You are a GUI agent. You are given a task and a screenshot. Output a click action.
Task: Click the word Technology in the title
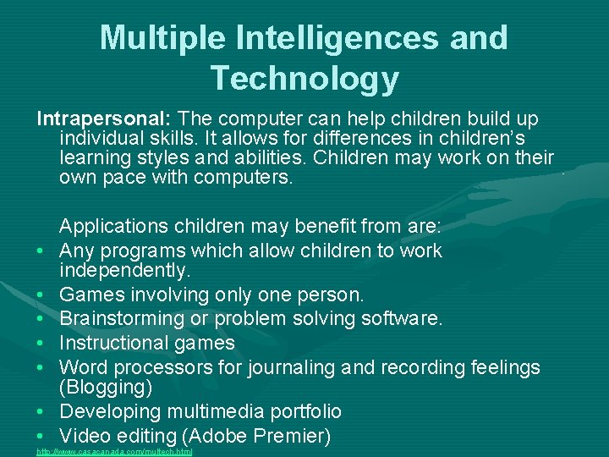[x=304, y=78]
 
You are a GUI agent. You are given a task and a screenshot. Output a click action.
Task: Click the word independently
[x=125, y=271]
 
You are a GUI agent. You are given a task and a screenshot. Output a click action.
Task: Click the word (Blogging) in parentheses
[x=106, y=388]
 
